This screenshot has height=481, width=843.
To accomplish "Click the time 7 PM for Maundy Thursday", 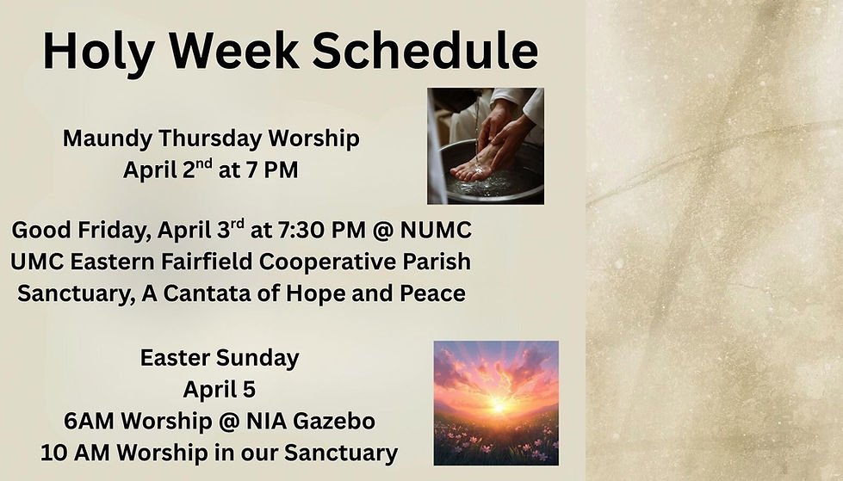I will point(270,170).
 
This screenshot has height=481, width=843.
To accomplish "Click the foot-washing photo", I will point(485,145).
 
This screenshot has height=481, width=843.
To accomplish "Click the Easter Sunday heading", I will point(220,358).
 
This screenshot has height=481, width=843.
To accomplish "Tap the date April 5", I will point(220,389).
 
